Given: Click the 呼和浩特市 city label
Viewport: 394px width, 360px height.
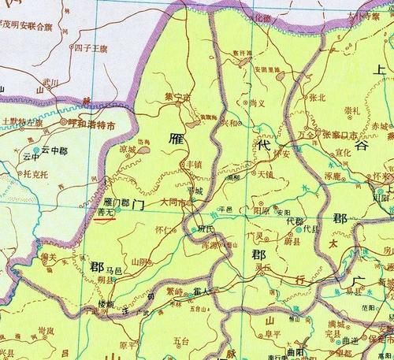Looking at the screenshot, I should [93, 124].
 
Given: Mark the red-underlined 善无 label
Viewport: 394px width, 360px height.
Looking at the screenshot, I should [104, 211].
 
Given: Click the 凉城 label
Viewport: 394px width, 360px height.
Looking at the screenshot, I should [128, 147].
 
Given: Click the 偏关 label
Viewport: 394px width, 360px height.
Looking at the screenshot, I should [47, 256].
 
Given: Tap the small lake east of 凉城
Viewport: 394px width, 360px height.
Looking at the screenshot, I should [144, 147].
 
